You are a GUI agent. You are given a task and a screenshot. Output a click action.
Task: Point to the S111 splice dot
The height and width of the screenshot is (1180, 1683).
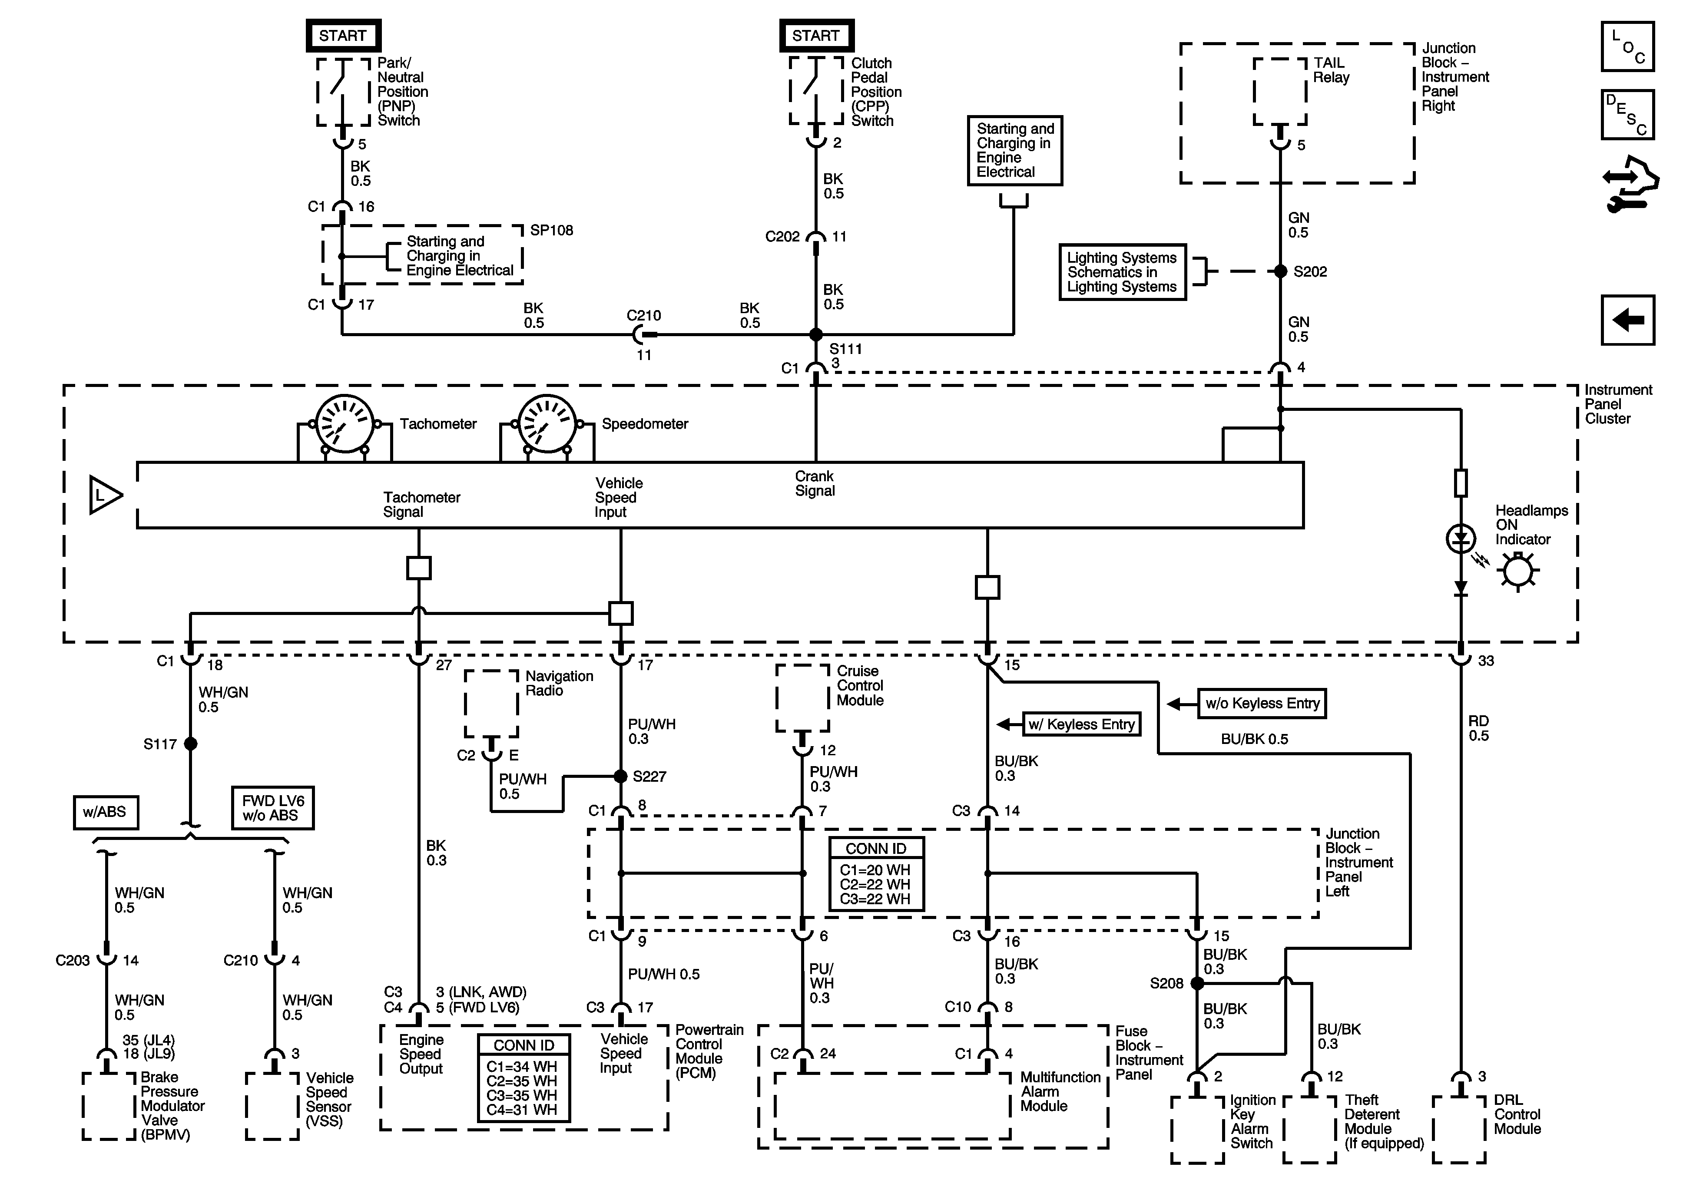click(x=816, y=335)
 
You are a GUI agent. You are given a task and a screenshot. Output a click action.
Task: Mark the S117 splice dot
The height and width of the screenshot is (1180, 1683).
click(x=191, y=744)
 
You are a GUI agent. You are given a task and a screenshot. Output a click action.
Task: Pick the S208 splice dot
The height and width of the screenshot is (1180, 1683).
click(x=1197, y=983)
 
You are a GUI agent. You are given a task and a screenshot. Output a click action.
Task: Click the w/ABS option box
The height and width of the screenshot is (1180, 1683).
click(x=106, y=812)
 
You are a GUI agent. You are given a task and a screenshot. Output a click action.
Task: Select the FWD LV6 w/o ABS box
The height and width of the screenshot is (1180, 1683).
click(x=273, y=808)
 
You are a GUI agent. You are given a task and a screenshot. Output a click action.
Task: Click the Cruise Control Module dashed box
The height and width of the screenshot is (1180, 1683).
click(x=803, y=698)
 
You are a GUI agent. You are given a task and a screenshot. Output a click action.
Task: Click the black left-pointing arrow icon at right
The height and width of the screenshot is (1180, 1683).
click(x=1627, y=320)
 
